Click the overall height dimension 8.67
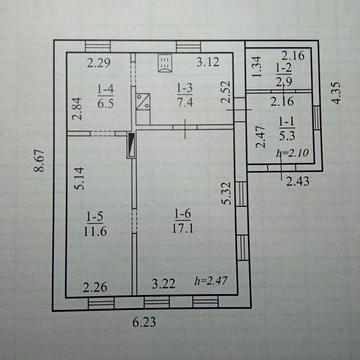pos(39,160)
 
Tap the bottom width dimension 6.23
pos(144,322)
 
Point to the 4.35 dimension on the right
pos(337,93)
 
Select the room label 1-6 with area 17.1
pos(184,221)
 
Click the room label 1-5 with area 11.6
pos(95,224)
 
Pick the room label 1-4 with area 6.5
pos(106,96)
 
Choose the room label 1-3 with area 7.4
pos(185,95)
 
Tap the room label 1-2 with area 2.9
pos(284,75)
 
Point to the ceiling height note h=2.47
pos(211,281)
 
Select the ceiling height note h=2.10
pos(293,153)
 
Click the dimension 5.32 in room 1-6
pos(227,193)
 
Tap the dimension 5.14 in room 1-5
pos(80,178)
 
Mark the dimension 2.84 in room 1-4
pos(77,109)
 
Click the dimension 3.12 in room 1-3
pos(208,62)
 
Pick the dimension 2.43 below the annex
pos(298,182)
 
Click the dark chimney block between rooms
pos(131,145)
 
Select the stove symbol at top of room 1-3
pos(165,63)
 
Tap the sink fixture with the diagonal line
pos(143,102)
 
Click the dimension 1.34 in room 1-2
pos(258,67)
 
